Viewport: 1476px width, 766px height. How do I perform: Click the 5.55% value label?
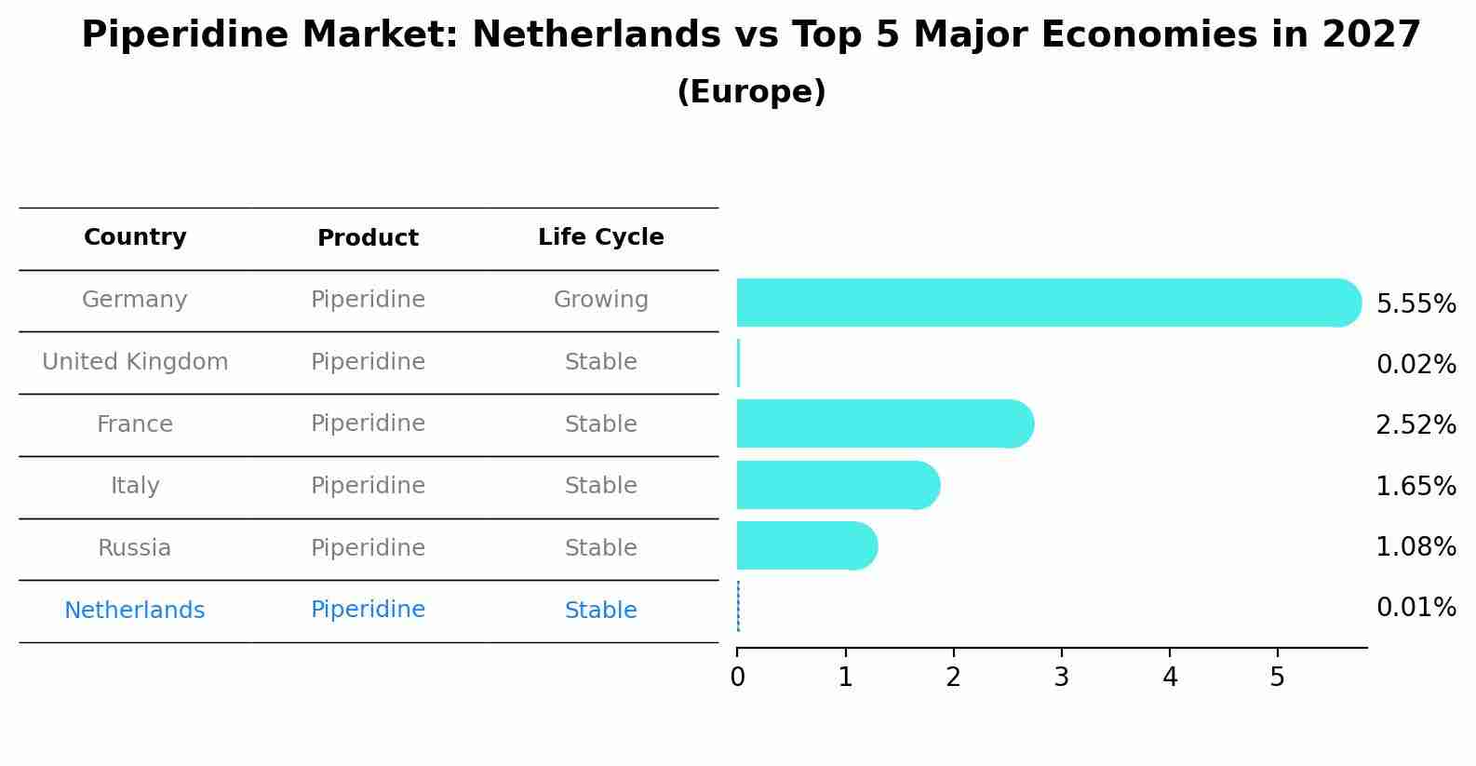(1416, 304)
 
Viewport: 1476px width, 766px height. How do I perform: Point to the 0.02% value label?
(1416, 365)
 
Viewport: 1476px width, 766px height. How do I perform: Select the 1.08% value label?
(1416, 547)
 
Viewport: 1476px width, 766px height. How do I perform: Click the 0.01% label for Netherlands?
(1416, 608)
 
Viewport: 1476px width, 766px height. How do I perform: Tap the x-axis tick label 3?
(1061, 678)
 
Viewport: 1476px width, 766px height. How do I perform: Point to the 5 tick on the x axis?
(1277, 678)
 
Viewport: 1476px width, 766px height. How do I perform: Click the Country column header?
(135, 237)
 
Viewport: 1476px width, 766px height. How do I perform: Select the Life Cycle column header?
(600, 237)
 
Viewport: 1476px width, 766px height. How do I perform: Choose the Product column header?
(368, 238)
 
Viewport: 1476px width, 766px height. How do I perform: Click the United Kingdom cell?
(135, 362)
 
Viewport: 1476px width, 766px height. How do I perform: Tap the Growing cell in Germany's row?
(600, 300)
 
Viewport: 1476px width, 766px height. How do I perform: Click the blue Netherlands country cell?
(135, 611)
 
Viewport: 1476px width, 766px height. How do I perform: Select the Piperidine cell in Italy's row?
(368, 486)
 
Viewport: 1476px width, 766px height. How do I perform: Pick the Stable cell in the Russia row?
(600, 548)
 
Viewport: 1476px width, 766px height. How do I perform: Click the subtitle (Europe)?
(751, 92)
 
